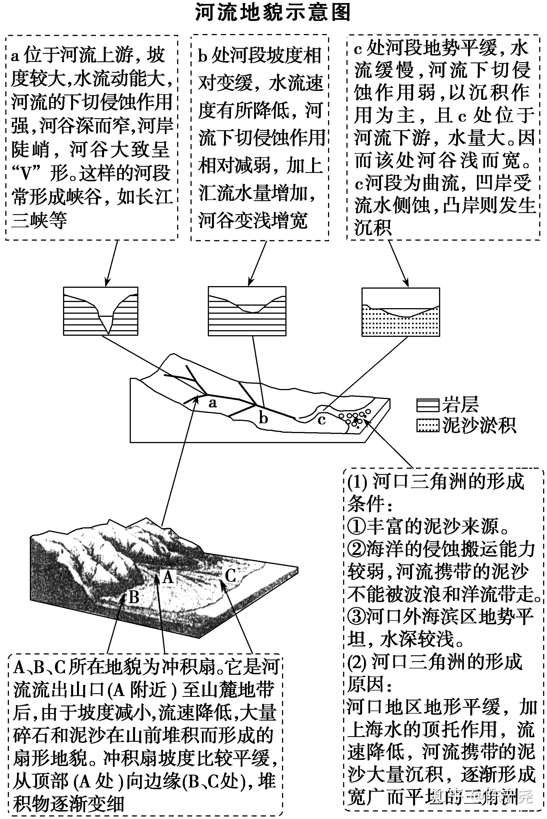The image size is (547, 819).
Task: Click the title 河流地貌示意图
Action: [273, 13]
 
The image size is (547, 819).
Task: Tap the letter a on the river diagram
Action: [213, 404]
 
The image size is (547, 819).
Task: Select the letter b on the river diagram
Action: [263, 418]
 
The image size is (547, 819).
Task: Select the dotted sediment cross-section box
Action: [401, 312]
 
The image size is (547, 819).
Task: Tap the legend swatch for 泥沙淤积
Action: [428, 426]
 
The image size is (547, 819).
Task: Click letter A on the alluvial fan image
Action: [168, 577]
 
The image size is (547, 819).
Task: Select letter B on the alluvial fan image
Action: [134, 597]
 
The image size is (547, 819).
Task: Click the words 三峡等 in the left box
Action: [39, 220]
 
